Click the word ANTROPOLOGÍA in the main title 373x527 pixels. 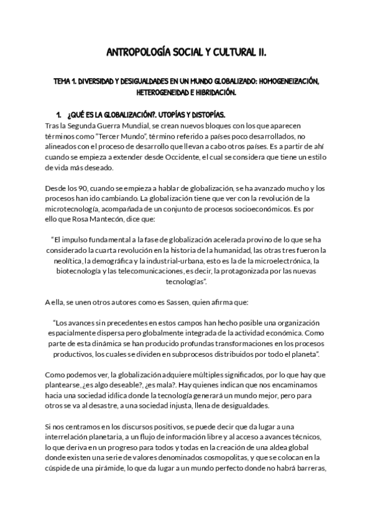point(135,53)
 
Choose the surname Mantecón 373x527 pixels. point(113,220)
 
